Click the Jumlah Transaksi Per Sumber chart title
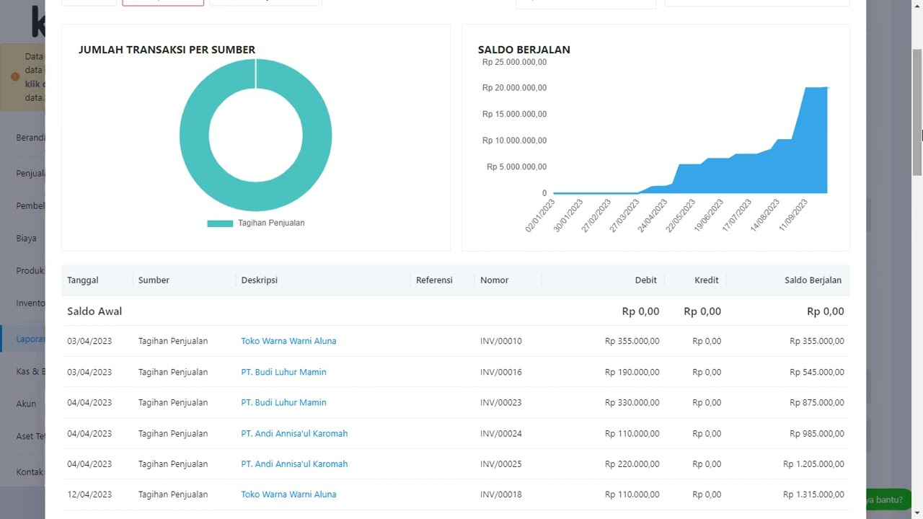pyautogui.click(x=167, y=50)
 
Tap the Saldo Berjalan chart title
pyautogui.click(x=524, y=50)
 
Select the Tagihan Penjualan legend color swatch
pyautogui.click(x=220, y=223)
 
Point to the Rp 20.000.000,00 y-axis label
pyautogui.click(x=514, y=88)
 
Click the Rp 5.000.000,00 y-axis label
pyautogui.click(x=516, y=167)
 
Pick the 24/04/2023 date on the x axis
pyautogui.click(x=653, y=216)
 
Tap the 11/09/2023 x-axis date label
pyautogui.click(x=793, y=216)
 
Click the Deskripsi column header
pyautogui.click(x=259, y=280)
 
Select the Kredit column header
pyautogui.click(x=706, y=280)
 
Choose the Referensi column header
pyautogui.click(x=434, y=280)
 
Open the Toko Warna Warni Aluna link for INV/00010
pyautogui.click(x=288, y=341)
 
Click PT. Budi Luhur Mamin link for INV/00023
pyautogui.click(x=283, y=403)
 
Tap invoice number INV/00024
pyautogui.click(x=500, y=434)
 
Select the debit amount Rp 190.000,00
pyautogui.click(x=632, y=373)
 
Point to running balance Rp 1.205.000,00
pyautogui.click(x=813, y=464)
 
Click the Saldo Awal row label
pyautogui.click(x=94, y=311)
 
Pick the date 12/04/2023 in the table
pyautogui.click(x=89, y=494)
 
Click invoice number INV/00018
pyautogui.click(x=500, y=494)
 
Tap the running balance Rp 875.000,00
pyautogui.click(x=816, y=403)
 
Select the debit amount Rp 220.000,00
pyautogui.click(x=632, y=464)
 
